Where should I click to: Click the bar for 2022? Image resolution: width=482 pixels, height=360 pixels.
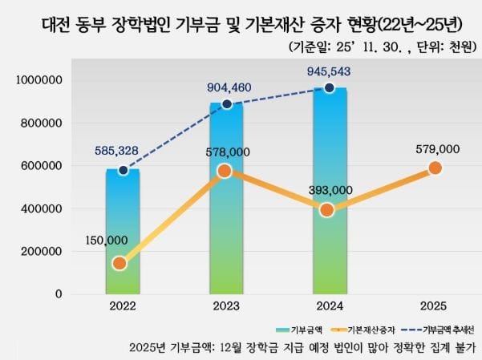[x=122, y=233]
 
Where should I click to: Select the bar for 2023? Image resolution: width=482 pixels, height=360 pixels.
[x=225, y=200]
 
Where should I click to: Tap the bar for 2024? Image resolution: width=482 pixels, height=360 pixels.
[x=329, y=192]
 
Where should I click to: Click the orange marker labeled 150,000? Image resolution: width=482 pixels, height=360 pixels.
[x=119, y=263]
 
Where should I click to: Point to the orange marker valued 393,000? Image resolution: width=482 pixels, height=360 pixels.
[x=326, y=210]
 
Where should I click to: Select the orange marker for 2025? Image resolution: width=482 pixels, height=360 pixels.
[x=435, y=168]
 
